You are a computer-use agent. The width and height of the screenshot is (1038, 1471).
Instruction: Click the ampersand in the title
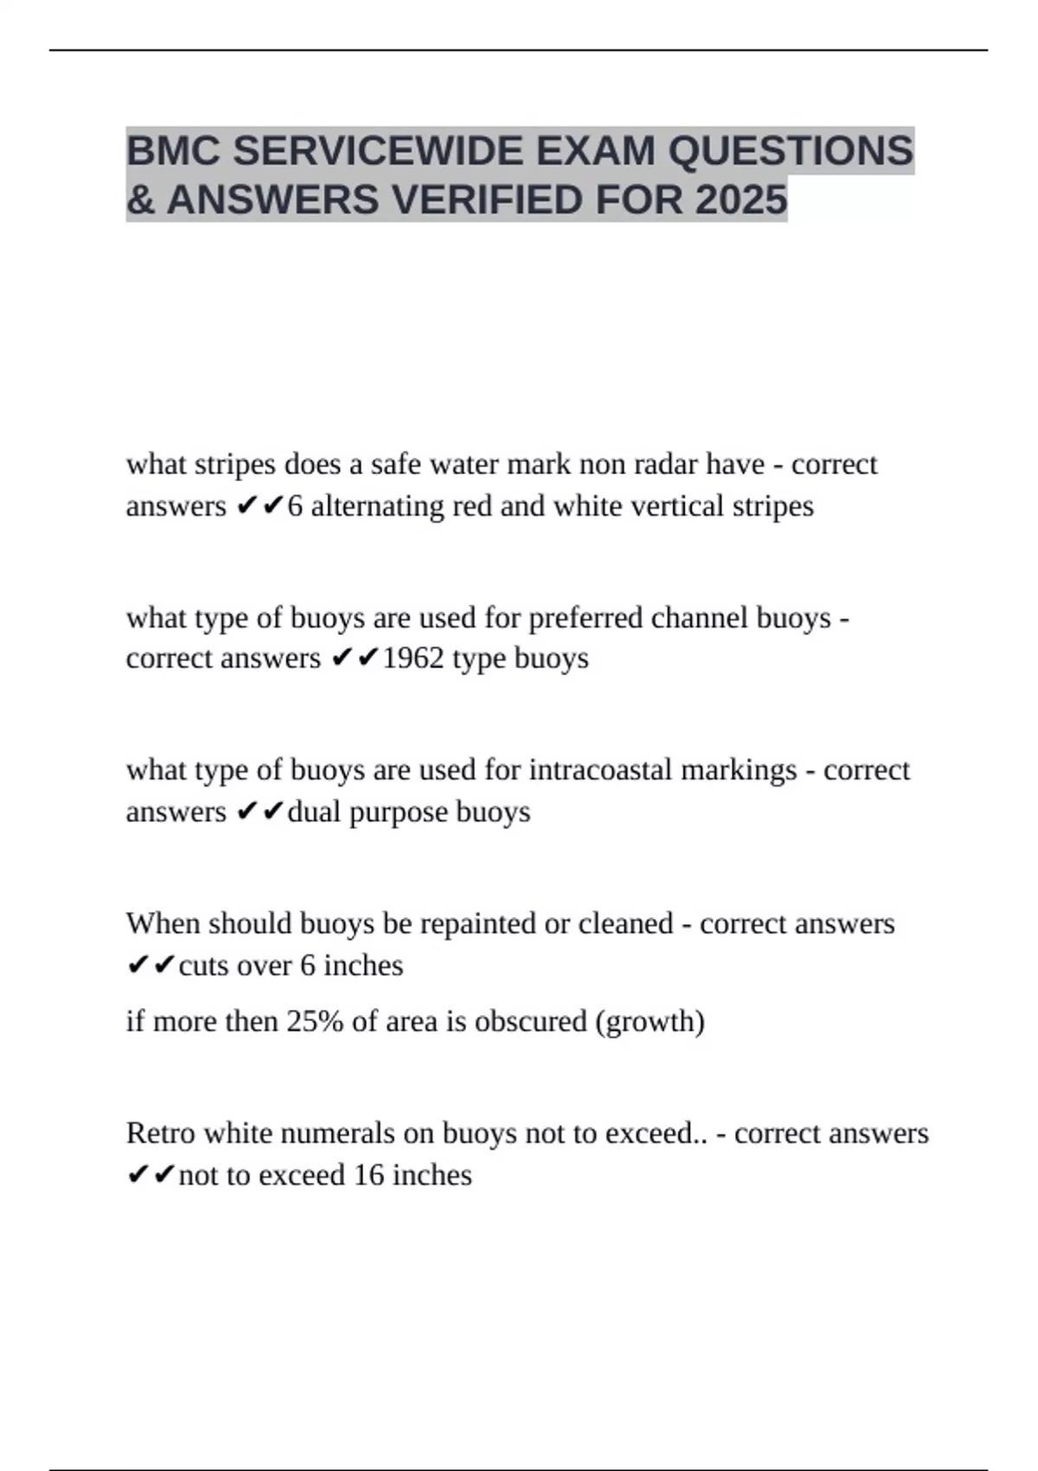tap(140, 200)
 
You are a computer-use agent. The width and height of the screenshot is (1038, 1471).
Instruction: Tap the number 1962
tap(413, 658)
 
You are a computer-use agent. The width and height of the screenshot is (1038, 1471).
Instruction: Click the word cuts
tap(203, 965)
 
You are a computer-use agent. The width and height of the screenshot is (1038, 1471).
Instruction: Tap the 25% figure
tap(316, 1022)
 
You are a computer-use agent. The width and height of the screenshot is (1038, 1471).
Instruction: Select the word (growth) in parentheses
tap(650, 1022)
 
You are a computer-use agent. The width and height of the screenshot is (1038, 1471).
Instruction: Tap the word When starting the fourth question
tap(163, 923)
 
